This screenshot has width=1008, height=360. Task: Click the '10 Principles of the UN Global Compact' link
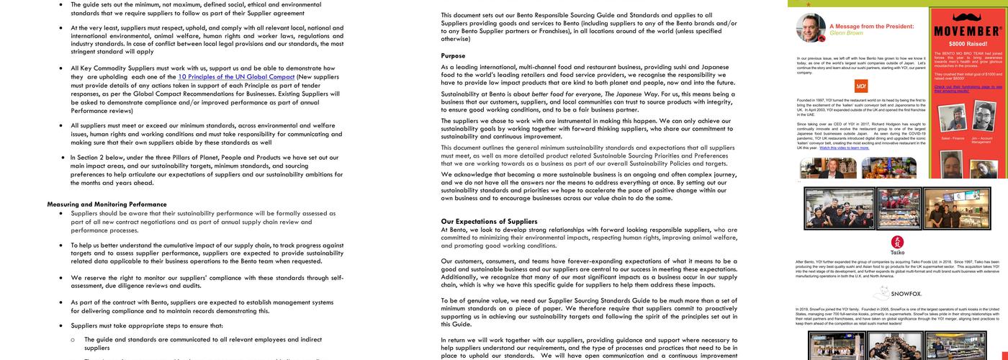click(236, 77)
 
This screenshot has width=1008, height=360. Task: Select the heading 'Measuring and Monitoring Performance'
click(107, 204)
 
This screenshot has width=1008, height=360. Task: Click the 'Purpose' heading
click(453, 55)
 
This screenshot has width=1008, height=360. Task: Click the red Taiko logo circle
click(897, 242)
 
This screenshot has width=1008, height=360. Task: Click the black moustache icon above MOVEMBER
click(966, 17)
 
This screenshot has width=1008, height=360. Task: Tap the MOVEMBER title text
click(966, 32)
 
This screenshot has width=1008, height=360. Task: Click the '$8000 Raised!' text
click(966, 44)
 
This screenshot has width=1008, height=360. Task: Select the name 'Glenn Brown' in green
click(846, 33)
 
